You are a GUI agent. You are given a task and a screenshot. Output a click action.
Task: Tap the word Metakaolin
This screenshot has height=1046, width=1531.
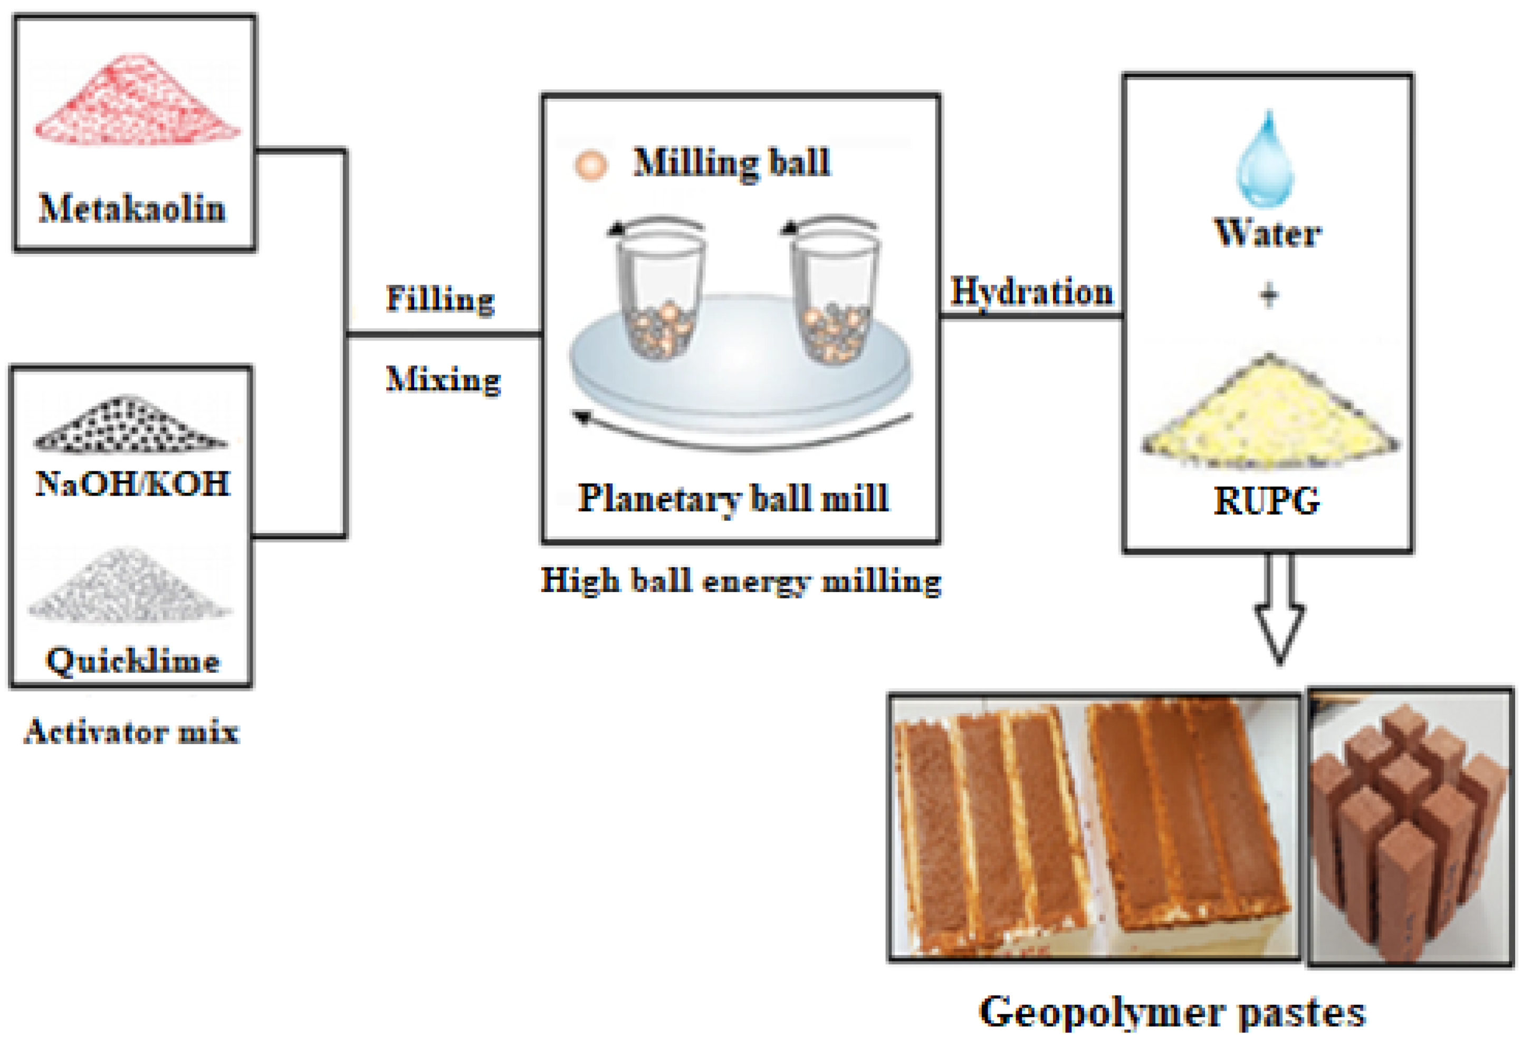132,209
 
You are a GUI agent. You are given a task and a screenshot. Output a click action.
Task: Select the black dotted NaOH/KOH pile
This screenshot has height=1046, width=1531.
130,426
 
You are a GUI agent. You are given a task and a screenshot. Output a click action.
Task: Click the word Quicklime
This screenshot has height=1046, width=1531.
132,660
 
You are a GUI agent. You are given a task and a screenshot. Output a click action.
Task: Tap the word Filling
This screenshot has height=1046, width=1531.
439,300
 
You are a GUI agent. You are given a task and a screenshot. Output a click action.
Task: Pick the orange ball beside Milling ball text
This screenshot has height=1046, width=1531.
590,165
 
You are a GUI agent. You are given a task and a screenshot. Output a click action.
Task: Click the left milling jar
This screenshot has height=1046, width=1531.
661,297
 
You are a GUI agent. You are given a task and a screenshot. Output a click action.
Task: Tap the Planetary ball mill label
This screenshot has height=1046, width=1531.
733,498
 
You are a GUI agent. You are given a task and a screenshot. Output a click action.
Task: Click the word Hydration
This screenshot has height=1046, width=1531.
1031,292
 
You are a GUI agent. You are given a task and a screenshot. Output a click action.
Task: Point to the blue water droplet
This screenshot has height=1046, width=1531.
1266,161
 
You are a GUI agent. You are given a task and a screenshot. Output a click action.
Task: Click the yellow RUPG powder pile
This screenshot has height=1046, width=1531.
1269,414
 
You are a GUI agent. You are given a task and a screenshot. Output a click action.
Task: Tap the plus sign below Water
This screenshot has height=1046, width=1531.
1269,296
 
